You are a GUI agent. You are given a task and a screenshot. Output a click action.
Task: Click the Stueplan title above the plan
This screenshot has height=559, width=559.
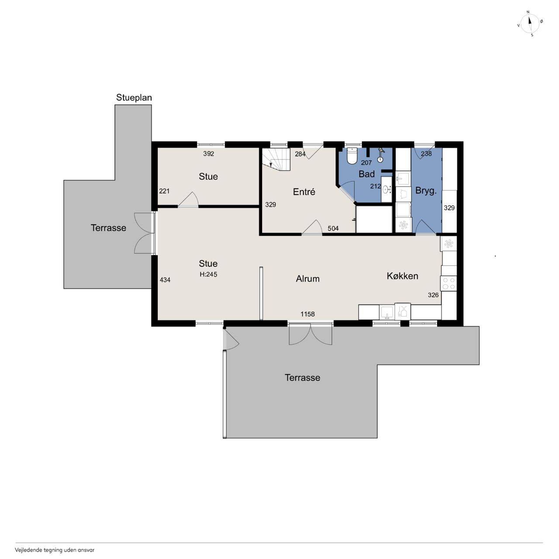pos(134,98)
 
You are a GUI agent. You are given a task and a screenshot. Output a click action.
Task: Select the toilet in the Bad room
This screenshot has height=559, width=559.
pos(352,156)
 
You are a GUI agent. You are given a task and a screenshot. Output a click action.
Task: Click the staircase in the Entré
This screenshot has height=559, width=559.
pos(276,159)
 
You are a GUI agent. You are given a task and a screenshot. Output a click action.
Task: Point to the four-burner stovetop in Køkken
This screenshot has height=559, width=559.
pos(448,283)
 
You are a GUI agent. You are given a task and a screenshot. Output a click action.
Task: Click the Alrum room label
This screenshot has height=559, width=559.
pos(307,279)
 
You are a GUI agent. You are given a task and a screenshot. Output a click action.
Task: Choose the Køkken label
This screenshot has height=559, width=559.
pos(402,276)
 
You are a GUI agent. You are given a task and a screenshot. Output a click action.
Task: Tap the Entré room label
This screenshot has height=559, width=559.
pos(304,192)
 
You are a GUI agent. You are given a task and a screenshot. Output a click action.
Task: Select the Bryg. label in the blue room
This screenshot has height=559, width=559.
pos(425,191)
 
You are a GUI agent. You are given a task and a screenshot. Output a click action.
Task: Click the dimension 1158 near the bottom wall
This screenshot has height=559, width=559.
pos(307,314)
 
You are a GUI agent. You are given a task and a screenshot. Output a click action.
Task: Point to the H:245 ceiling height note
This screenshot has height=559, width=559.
pos(208,274)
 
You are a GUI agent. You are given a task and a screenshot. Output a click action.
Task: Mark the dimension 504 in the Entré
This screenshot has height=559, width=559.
pos(333,228)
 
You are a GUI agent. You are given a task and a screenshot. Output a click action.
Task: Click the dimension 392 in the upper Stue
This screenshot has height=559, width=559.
pos(208,153)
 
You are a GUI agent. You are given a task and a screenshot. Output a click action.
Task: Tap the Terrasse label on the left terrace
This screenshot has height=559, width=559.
pos(108,228)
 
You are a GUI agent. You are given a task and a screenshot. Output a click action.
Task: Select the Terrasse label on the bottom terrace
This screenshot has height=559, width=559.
pos(302,377)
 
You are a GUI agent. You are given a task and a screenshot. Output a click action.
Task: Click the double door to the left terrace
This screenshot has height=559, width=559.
pos(145,233)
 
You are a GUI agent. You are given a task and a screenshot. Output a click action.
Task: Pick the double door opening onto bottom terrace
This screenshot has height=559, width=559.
pos(310,334)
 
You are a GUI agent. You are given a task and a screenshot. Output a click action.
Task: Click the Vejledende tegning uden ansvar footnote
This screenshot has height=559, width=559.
pos(55,549)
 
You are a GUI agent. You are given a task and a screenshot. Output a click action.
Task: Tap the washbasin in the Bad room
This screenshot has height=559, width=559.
pos(386,190)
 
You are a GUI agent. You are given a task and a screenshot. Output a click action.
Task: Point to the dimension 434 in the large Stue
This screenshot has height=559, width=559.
pos(165,279)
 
